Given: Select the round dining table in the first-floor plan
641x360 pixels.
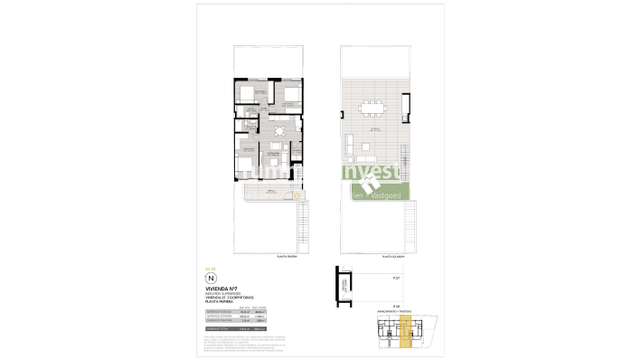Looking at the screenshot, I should point(279,131).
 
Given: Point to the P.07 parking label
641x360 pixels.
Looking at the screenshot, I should point(396,279).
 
